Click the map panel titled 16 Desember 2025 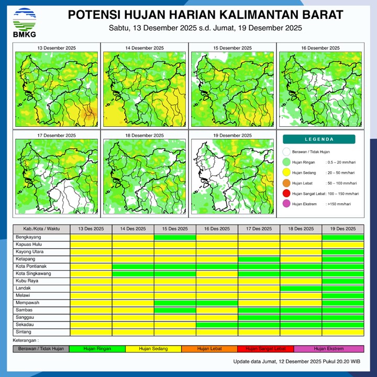pyautogui.click(x=319, y=89)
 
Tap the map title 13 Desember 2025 pyautogui.click(x=57, y=48)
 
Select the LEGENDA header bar pyautogui.click(x=319, y=139)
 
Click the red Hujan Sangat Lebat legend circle pyautogui.click(x=286, y=194)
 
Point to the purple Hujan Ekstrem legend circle pyautogui.click(x=286, y=204)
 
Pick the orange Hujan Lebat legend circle pyautogui.click(x=286, y=183)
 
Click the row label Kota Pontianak pyautogui.click(x=31, y=266)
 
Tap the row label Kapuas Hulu pyautogui.click(x=29, y=245)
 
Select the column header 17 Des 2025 pyautogui.click(x=259, y=229)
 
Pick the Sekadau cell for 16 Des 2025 pyautogui.click(x=217, y=325)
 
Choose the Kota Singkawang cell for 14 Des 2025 pyautogui.click(x=133, y=273)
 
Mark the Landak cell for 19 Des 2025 pyautogui.click(x=342, y=288)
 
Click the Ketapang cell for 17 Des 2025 pyautogui.click(x=259, y=259)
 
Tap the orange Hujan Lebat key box pyautogui.click(x=209, y=348)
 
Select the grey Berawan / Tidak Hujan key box pyautogui.click(x=41, y=348)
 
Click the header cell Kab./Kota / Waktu pyautogui.click(x=41, y=229)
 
